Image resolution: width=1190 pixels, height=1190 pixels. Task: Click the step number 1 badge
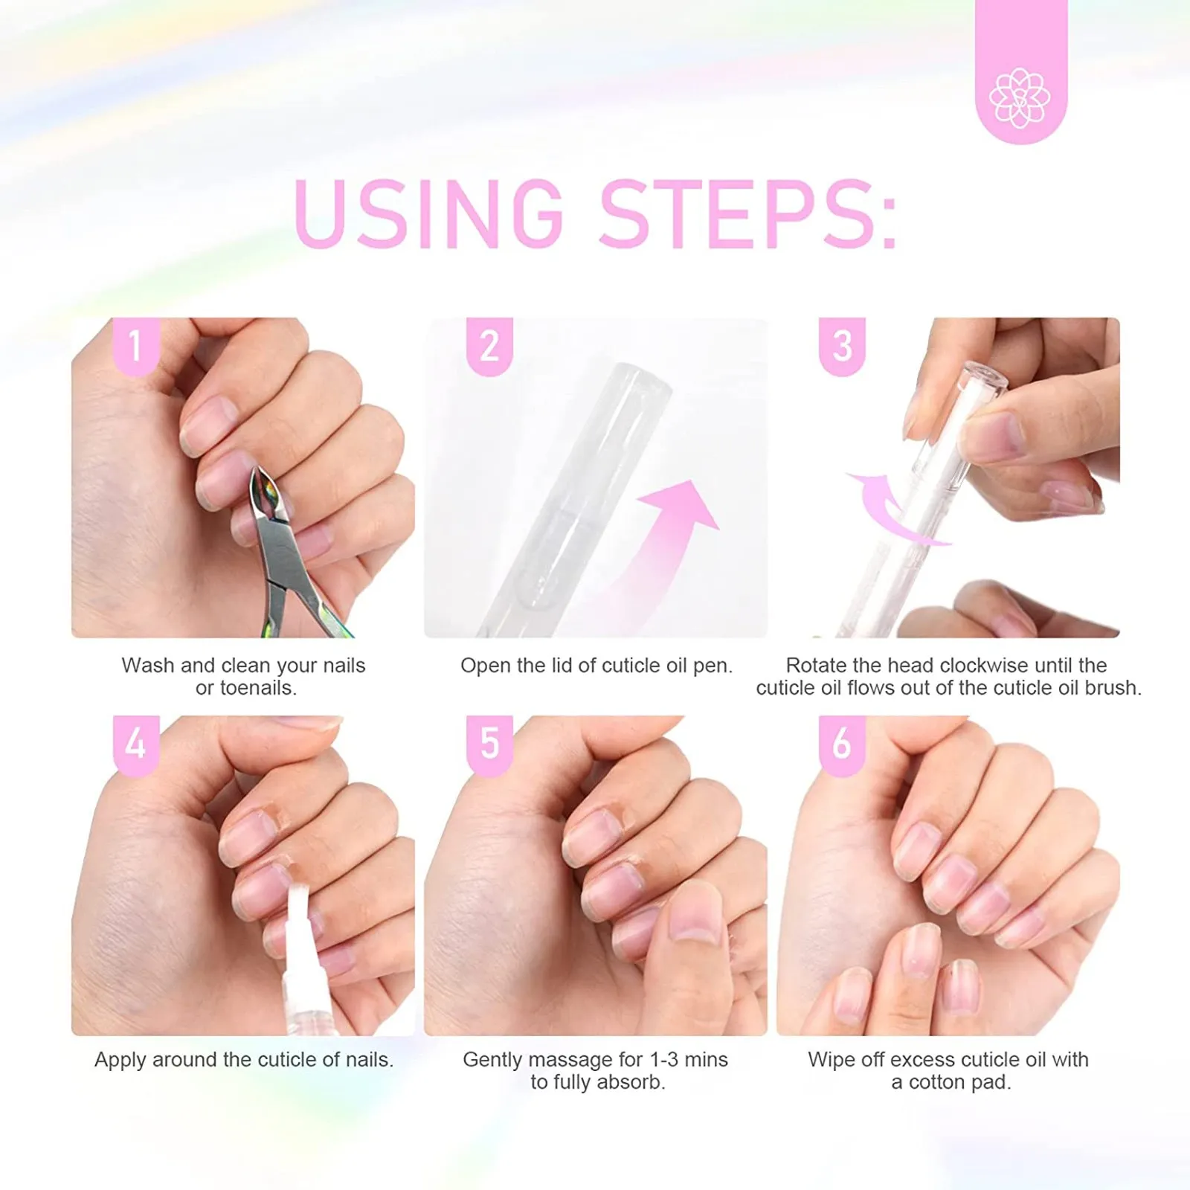[135, 345]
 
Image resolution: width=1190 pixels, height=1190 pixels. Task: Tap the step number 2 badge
[489, 345]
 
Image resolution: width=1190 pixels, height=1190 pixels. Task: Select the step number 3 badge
[841, 345]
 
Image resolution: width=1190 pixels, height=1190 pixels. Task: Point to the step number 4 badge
[135, 743]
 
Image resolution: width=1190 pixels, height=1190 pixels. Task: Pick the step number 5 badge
[489, 743]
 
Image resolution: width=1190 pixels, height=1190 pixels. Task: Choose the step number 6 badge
[841, 743]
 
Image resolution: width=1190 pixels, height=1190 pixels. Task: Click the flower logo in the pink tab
[1020, 97]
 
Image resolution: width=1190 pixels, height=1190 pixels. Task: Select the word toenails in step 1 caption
[257, 688]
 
